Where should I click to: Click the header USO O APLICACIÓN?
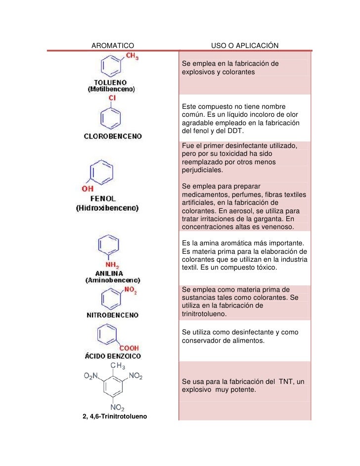click(245, 46)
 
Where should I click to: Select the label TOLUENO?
click(111, 82)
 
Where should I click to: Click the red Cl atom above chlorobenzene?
click(112, 98)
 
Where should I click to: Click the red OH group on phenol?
click(88, 188)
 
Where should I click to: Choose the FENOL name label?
click(103, 198)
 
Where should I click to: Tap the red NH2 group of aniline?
click(111, 264)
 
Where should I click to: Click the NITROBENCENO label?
click(113, 315)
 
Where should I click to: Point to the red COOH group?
click(128, 348)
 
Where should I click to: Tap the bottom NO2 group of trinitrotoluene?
click(117, 407)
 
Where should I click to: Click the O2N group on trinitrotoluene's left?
click(91, 377)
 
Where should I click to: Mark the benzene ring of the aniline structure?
click(109, 246)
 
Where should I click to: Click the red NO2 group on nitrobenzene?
click(130, 290)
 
